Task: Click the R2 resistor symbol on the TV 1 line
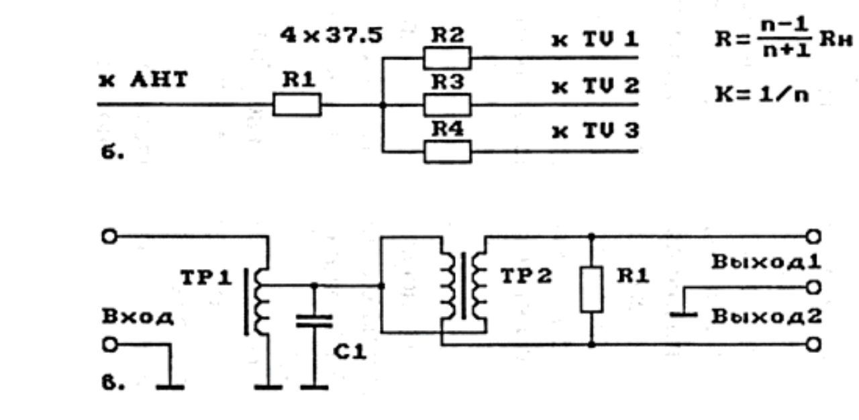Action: tap(447, 58)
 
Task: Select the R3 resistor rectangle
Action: tap(447, 105)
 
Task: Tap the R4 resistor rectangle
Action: tap(448, 152)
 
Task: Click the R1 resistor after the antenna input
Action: tap(297, 105)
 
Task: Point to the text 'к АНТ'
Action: tap(144, 80)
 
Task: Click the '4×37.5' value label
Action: tap(332, 36)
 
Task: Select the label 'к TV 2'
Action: tap(595, 86)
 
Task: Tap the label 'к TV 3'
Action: tap(595, 131)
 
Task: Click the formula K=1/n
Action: tap(762, 94)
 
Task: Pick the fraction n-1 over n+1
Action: tap(785, 38)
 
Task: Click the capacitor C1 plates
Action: tap(315, 321)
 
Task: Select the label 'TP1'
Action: tap(206, 278)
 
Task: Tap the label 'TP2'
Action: tap(526, 276)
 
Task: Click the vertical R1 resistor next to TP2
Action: tap(592, 290)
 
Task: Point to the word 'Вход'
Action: tap(138, 317)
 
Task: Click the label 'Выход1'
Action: tap(766, 262)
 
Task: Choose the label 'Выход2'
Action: tap(766, 317)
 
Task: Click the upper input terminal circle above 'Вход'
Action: tap(109, 236)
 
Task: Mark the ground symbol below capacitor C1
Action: tap(315, 387)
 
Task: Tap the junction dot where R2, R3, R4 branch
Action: tap(383, 105)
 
